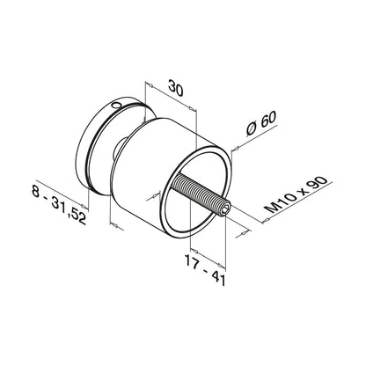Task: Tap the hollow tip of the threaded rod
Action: tap(228, 210)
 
